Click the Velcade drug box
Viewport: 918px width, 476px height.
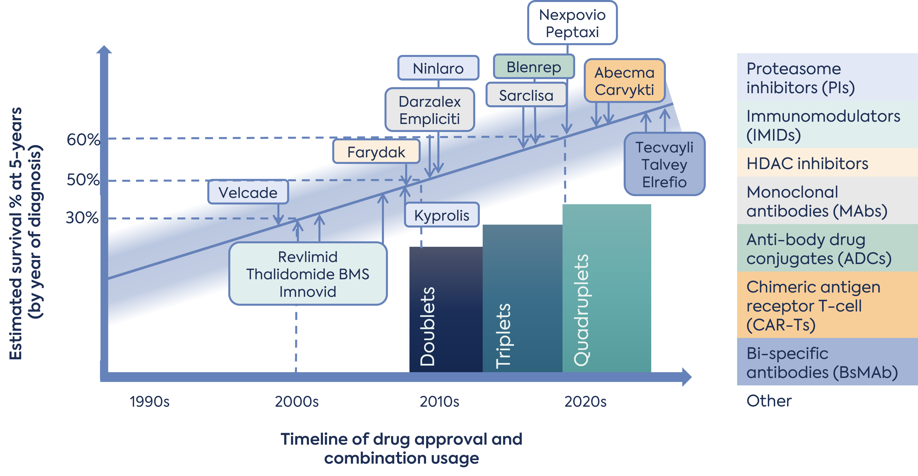pos(248,192)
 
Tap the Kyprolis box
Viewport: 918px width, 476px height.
pos(442,215)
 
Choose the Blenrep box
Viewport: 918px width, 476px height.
pos(534,67)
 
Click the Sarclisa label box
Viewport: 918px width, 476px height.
pos(526,95)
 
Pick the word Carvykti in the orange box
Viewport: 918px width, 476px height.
pos(624,89)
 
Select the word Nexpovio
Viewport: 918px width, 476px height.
pos(572,15)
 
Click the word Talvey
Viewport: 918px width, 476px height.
pos(664,165)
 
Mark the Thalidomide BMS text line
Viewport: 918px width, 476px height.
pos(308,274)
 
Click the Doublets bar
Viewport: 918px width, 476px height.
pos(445,310)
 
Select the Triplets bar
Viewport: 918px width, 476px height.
pos(522,300)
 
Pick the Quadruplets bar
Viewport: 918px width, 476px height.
pos(606,289)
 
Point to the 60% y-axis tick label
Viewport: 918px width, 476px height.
pos(83,139)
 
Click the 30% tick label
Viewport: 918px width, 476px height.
pos(82,218)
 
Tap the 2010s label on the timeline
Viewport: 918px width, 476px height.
pos(439,402)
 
